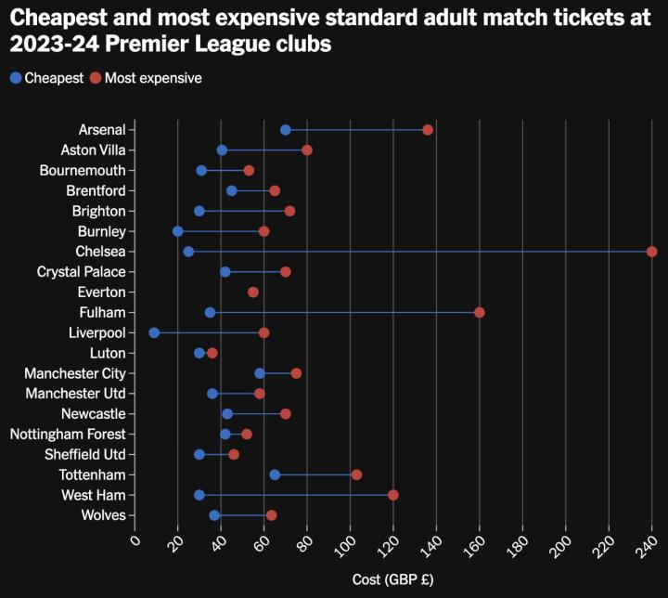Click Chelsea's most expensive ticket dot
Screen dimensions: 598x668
(651, 252)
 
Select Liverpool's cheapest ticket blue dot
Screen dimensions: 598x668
(154, 332)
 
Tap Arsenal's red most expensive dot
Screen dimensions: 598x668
(428, 130)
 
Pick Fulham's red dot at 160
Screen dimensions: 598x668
(480, 312)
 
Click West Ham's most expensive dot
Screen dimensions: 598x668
(393, 495)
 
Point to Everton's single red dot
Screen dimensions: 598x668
(253, 292)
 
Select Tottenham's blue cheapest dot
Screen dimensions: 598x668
(275, 474)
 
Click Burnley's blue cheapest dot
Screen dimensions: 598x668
(178, 231)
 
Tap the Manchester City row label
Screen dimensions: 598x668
(81, 373)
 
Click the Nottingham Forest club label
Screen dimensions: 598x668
(68, 434)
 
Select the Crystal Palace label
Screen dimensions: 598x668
(82, 272)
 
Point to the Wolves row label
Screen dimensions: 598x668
(103, 515)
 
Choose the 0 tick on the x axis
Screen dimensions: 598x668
(135, 541)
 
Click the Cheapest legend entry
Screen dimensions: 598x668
(47, 78)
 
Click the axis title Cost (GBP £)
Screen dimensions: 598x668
(393, 579)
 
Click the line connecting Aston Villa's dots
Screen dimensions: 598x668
(264, 150)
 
